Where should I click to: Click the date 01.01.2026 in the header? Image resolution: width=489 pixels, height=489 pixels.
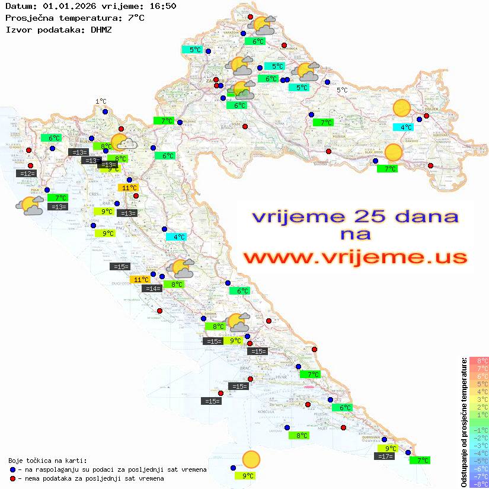pos(67,6)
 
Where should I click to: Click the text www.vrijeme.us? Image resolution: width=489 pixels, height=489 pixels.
pos(355,258)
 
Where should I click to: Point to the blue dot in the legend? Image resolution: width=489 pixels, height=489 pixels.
pos(13,469)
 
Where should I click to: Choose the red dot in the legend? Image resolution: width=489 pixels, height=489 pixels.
pos(13,478)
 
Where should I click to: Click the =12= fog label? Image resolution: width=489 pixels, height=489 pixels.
pos(27,173)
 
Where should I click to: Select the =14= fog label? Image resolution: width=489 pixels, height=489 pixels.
pos(153,289)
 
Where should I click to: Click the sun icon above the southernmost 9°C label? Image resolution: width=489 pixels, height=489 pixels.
pos(251,459)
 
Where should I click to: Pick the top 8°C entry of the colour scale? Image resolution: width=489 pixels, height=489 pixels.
pos(479,360)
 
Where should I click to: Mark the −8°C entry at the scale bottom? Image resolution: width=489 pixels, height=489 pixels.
pos(479,484)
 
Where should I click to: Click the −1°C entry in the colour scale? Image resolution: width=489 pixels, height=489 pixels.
pos(479,430)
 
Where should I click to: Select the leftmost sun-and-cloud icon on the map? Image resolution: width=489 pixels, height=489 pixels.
pos(30,206)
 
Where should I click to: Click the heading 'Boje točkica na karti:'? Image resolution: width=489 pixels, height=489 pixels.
pos(47,460)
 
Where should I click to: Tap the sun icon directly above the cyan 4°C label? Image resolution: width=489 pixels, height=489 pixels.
pos(402,108)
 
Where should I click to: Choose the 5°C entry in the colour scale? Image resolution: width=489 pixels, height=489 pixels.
pos(479,383)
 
